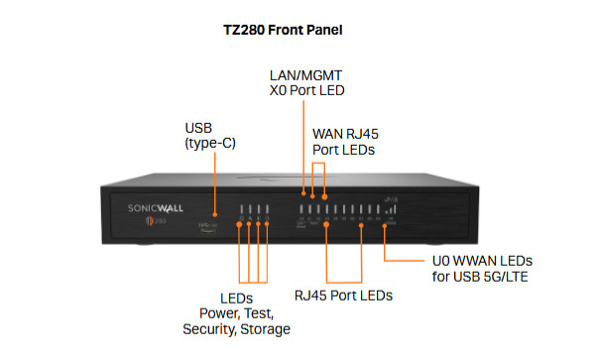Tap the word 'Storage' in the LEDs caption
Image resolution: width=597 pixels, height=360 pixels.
point(264,328)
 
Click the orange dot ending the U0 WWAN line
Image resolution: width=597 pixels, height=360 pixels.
point(387,225)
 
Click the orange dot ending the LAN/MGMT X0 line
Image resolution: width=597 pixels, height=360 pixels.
point(304,188)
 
